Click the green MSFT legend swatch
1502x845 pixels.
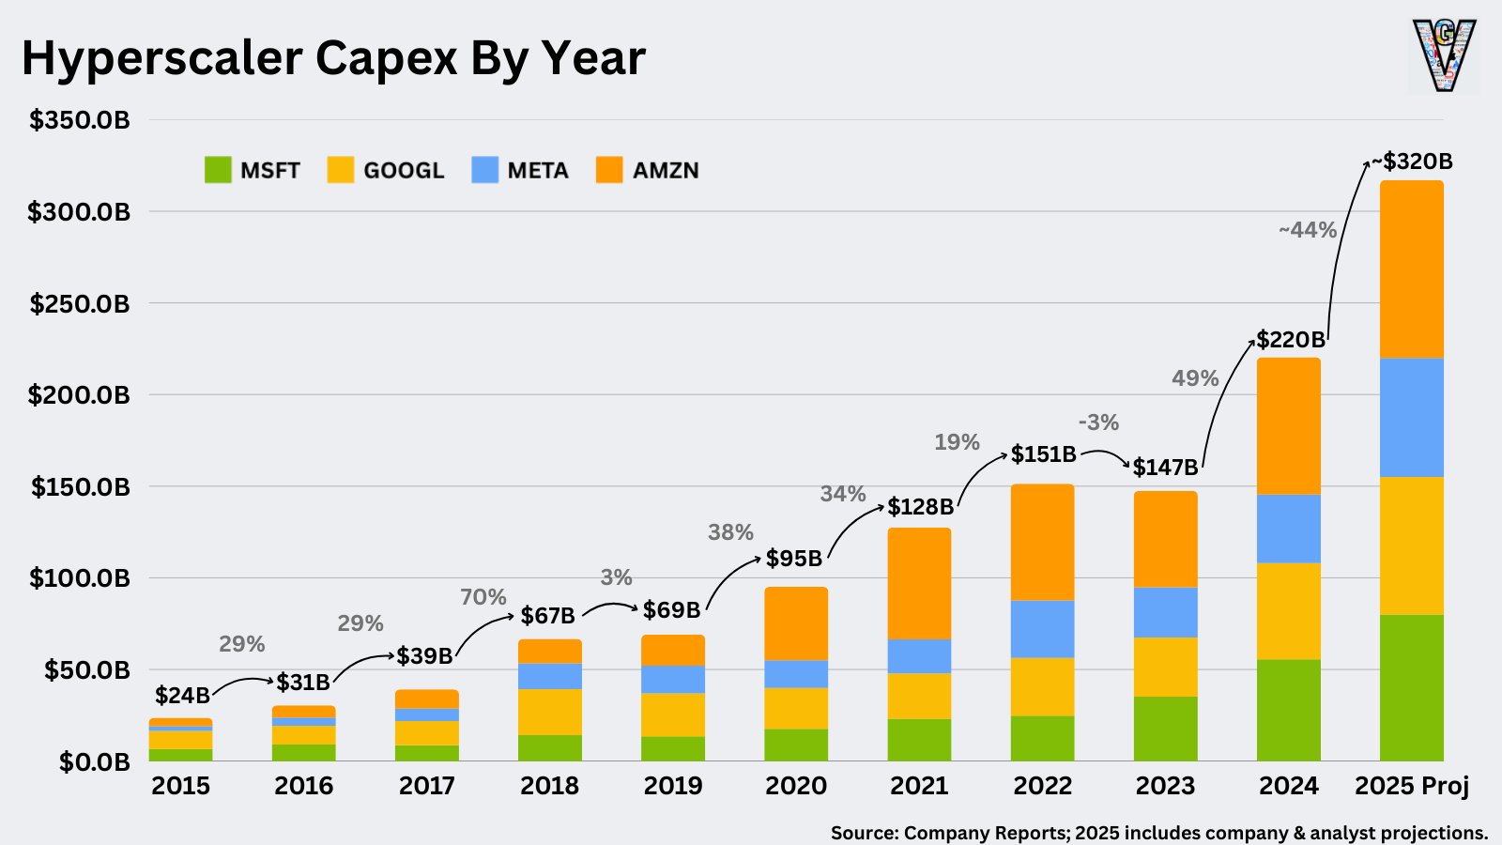coord(218,170)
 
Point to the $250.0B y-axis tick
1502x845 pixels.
coord(80,303)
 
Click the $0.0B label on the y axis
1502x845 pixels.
coord(94,761)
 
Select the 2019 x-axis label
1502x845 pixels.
coord(672,786)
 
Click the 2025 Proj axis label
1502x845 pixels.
coord(1411,786)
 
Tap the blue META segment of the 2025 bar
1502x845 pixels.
coord(1411,418)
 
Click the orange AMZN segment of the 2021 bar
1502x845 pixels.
coord(919,583)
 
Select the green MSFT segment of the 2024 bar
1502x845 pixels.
coord(1288,710)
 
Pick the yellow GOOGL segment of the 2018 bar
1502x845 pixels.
coord(549,712)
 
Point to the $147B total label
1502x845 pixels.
coord(1165,467)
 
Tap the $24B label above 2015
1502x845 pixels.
coord(182,696)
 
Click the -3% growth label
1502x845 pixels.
coord(1098,422)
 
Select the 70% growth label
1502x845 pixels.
coord(483,597)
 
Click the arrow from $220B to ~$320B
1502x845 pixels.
coord(1340,244)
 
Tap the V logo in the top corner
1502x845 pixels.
coord(1444,56)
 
